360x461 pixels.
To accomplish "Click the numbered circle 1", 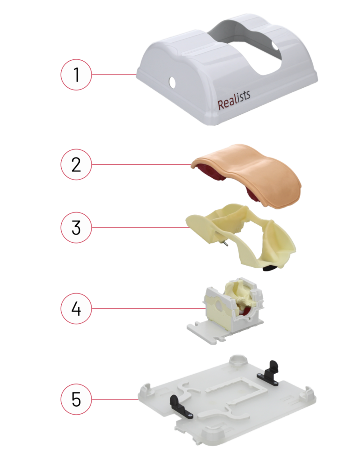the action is coord(76,75).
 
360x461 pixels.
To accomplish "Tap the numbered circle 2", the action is coord(76,164).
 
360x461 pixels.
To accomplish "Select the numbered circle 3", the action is coord(76,227).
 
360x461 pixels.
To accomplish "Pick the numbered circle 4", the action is coord(76,308).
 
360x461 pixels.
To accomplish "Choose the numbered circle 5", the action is coord(76,399).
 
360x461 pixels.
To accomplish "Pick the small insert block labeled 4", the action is coord(226,310).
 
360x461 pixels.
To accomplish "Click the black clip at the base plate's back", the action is coord(269,373).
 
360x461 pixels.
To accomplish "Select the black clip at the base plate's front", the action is coord(180,407).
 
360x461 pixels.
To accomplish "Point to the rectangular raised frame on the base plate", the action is coord(236,393).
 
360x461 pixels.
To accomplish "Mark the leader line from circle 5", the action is coord(115,399).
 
